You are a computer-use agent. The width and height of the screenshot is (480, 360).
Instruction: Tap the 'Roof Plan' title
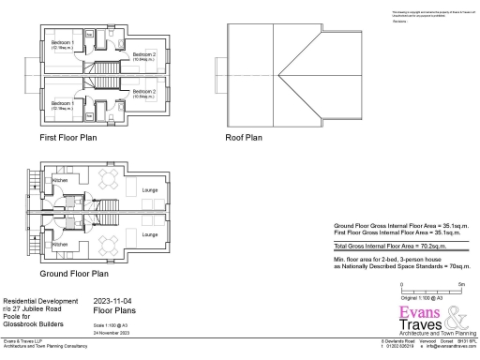click(243, 137)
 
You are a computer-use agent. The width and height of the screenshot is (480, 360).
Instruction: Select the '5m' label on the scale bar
click(461, 283)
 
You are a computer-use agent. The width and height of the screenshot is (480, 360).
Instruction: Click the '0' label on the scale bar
click(401, 283)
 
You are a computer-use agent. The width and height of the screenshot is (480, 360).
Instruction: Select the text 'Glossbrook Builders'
click(34, 322)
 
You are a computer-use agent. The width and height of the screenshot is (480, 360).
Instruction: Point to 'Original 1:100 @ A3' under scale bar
click(421, 296)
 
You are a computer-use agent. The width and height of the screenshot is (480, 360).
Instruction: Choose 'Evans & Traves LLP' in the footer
click(22, 341)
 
